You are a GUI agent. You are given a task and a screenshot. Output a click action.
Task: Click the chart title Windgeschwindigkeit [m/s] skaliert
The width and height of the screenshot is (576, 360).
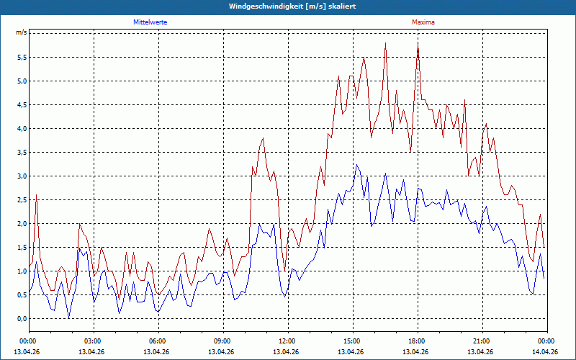click(292, 6)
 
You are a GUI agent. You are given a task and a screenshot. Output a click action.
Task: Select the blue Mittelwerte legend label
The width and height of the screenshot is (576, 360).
click(150, 22)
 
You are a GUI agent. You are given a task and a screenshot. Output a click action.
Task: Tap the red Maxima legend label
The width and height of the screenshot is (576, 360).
click(423, 22)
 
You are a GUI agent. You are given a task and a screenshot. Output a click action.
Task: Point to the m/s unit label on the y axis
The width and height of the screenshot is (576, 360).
click(22, 32)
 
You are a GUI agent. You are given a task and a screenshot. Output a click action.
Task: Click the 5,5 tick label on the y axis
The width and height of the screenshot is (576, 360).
click(22, 58)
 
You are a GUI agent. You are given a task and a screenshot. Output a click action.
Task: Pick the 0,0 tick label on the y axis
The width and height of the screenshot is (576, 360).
click(22, 318)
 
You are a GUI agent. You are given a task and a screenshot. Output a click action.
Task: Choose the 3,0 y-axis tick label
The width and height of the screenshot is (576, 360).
click(22, 176)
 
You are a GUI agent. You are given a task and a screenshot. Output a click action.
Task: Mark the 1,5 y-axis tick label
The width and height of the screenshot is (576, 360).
click(22, 247)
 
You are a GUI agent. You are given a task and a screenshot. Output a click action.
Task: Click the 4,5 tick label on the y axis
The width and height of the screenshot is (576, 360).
click(22, 104)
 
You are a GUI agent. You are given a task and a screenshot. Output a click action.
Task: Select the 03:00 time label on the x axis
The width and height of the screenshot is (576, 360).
click(94, 341)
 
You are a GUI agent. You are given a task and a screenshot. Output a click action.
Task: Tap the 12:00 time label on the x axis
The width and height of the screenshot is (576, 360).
click(288, 341)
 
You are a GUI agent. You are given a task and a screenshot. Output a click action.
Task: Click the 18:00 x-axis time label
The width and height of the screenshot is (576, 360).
click(418, 341)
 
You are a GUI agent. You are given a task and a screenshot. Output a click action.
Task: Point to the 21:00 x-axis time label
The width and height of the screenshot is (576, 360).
click(482, 341)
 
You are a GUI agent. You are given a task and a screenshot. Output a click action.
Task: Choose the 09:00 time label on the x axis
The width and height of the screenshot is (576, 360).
click(223, 341)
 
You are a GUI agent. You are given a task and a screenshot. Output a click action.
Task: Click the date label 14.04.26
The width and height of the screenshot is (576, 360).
click(545, 351)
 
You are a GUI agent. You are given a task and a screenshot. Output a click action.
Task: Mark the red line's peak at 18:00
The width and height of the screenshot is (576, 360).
click(418, 43)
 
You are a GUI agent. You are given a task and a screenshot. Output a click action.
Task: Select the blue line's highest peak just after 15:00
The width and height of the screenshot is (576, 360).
click(356, 165)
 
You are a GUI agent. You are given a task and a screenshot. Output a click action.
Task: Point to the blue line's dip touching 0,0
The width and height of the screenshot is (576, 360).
click(68, 318)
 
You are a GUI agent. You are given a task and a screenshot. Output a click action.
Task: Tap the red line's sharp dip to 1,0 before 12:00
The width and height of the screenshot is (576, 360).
click(284, 271)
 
